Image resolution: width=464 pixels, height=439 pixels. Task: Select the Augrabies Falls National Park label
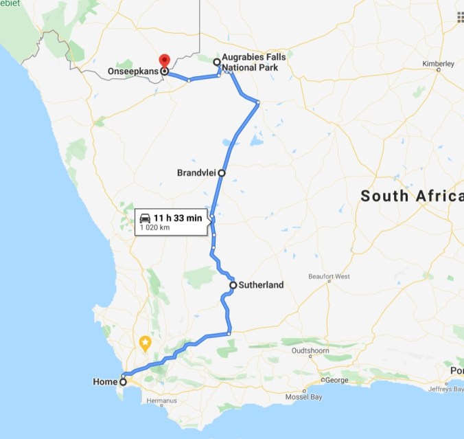point(253,62)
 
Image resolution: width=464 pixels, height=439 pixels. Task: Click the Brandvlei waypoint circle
point(221,173)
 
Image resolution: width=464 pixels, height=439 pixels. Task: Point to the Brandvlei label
point(196,173)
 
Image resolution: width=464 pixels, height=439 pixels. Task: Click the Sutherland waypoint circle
point(233,284)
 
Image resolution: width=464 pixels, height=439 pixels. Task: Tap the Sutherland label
point(261,284)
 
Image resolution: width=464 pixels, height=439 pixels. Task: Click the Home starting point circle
point(124,381)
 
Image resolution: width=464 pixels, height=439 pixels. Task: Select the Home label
point(105,381)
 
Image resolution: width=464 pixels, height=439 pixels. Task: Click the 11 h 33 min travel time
point(178,218)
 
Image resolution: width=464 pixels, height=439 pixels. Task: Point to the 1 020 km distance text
point(155,227)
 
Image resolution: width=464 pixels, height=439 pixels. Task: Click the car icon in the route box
point(146,218)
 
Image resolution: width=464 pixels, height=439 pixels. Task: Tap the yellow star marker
point(145,341)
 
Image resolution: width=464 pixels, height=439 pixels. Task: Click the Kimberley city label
point(439,64)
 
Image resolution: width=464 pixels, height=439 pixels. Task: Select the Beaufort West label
point(329,277)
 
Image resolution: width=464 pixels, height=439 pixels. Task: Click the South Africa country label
point(412,196)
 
